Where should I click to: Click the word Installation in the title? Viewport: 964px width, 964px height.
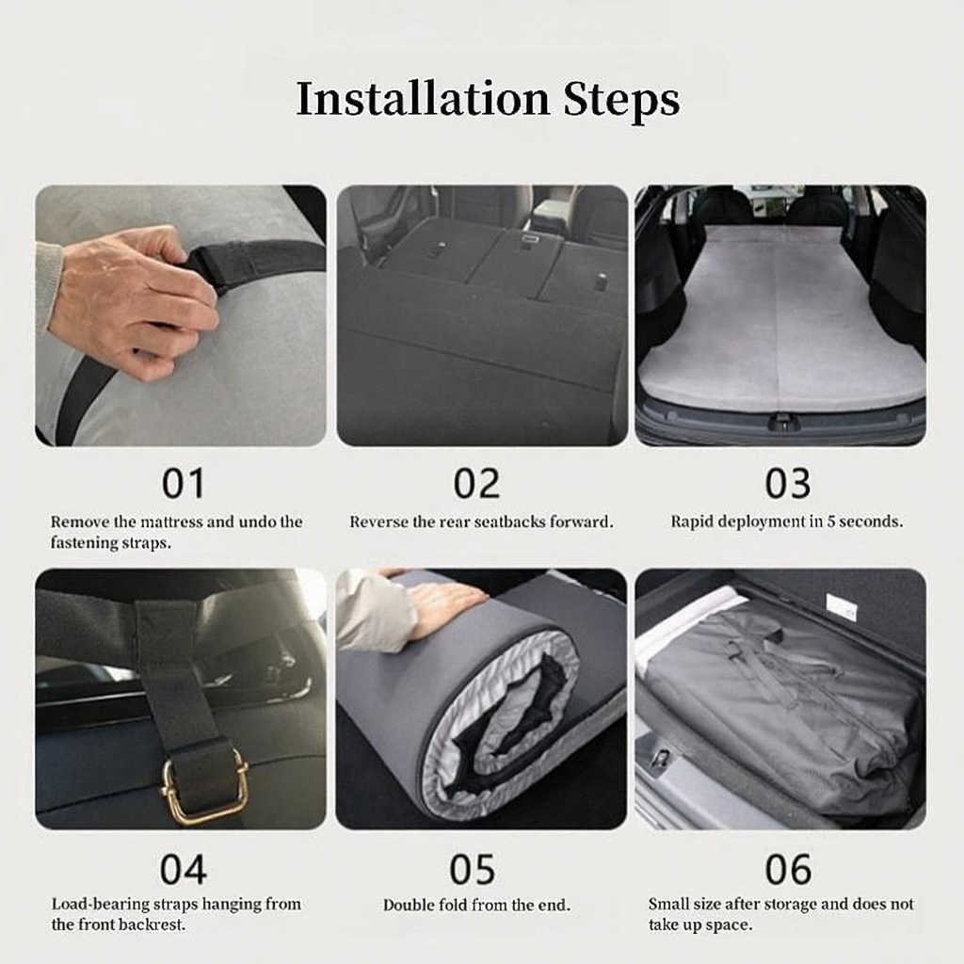pyautogui.click(x=423, y=98)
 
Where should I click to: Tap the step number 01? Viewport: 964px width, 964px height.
pyautogui.click(x=183, y=484)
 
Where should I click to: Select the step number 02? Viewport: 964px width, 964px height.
pyautogui.click(x=476, y=484)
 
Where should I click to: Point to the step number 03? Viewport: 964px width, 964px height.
pyautogui.click(x=788, y=484)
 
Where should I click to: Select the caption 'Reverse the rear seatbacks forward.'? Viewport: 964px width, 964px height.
pyautogui.click(x=481, y=522)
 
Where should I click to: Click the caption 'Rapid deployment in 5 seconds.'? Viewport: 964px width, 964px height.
pyautogui.click(x=787, y=522)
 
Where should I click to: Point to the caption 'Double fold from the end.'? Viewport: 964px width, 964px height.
pyautogui.click(x=476, y=905)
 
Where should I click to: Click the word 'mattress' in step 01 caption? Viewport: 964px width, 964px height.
pyautogui.click(x=171, y=522)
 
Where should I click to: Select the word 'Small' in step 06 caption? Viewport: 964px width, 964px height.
pyautogui.click(x=669, y=905)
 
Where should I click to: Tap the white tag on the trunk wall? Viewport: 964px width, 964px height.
pyautogui.click(x=842, y=606)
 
